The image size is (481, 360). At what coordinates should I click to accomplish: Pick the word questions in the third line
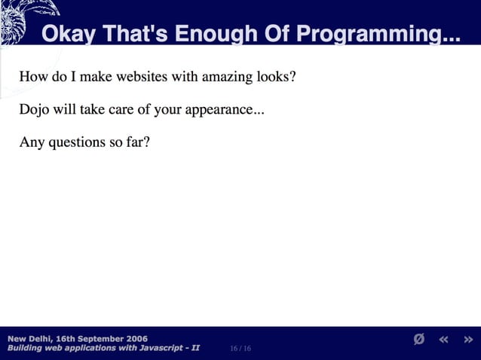click(77, 142)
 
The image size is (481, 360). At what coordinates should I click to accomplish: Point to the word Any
click(32, 142)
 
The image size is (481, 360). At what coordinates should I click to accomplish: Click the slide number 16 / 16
click(240, 349)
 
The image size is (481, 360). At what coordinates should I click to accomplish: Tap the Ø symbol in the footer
click(419, 340)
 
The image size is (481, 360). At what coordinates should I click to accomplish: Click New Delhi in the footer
click(29, 338)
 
